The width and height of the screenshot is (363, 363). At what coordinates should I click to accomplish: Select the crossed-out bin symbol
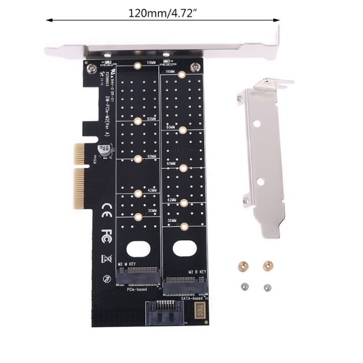pyautogui.click(x=106, y=259)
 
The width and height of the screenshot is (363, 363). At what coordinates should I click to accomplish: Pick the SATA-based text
pyautogui.click(x=192, y=299)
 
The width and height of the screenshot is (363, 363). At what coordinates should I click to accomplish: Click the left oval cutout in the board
pyautogui.click(x=137, y=249)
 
